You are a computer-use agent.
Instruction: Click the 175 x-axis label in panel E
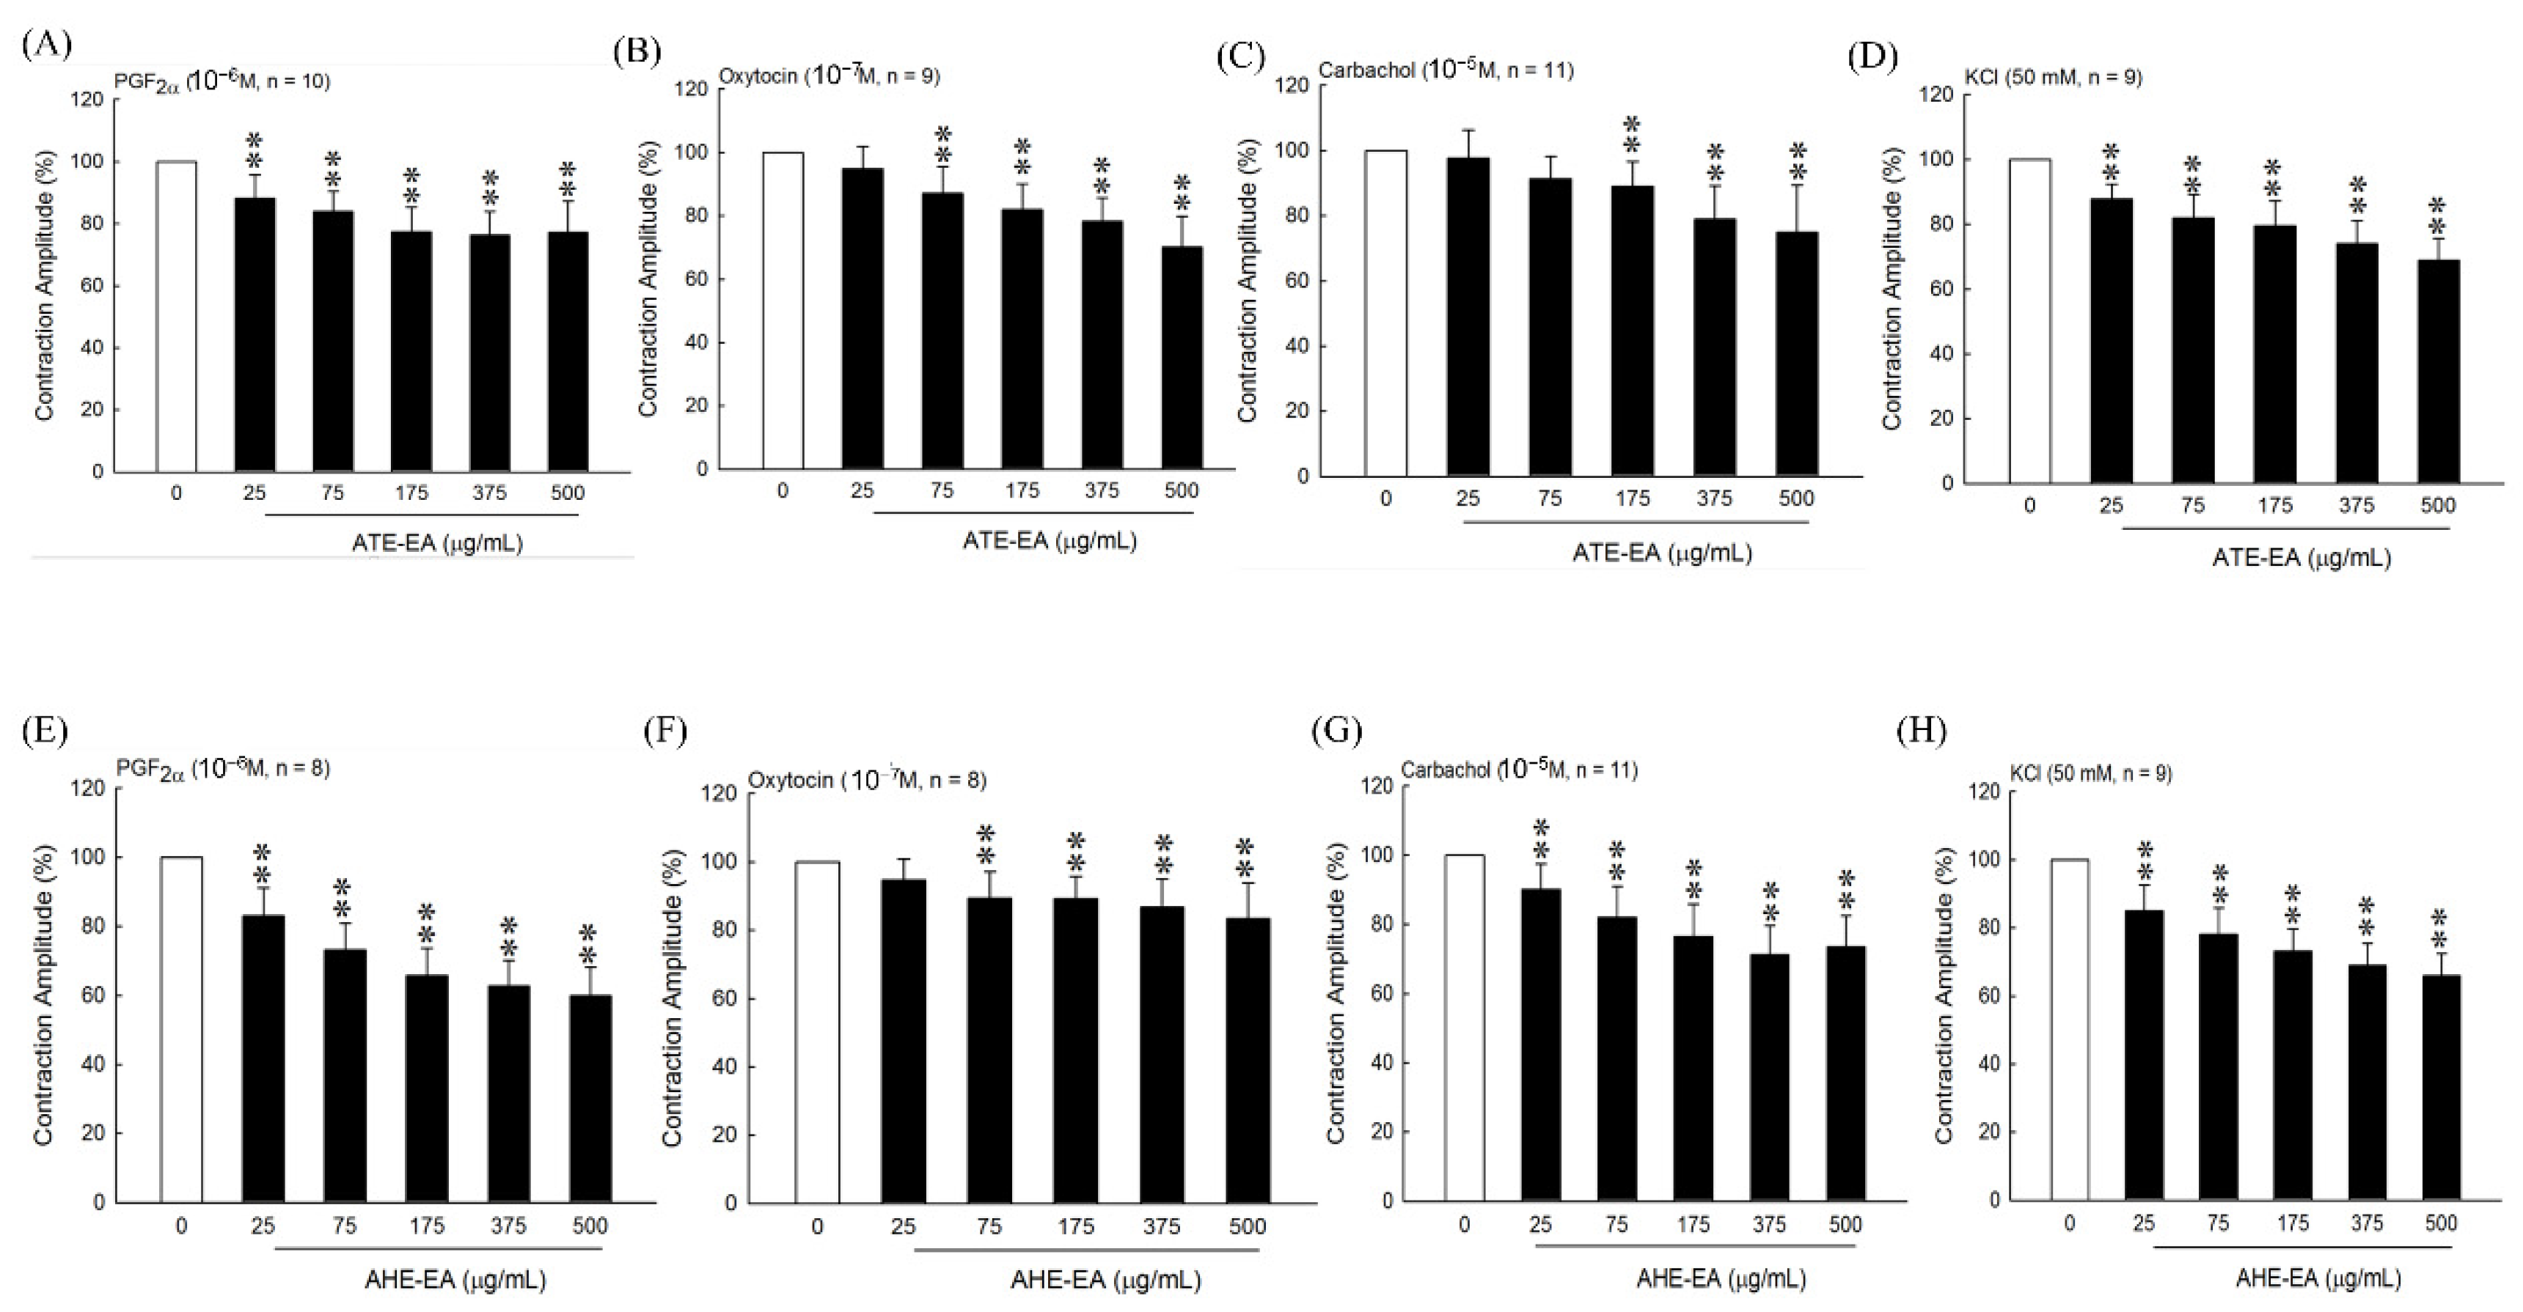point(426,1225)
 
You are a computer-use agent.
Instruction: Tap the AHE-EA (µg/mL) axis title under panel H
point(2318,1278)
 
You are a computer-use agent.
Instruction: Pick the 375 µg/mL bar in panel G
point(1769,1077)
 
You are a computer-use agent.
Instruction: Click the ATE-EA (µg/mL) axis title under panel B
point(1049,540)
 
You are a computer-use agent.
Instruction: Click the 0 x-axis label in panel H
point(2068,1223)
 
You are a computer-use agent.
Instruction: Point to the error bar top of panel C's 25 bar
point(1467,130)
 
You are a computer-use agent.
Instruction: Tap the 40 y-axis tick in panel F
point(727,1066)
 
